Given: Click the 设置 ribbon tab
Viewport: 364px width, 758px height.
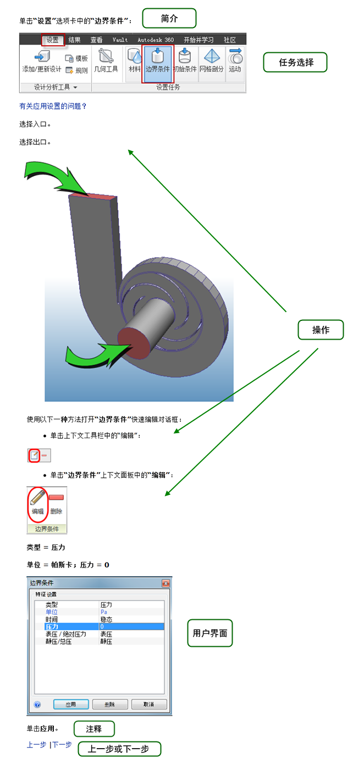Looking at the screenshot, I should click(53, 40).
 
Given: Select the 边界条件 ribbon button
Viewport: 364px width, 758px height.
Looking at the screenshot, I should click(157, 62).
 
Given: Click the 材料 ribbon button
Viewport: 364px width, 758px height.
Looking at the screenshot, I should click(134, 62).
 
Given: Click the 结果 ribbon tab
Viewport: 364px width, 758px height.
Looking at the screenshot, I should click(74, 40).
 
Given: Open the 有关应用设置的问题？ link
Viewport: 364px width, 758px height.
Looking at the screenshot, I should click(53, 106).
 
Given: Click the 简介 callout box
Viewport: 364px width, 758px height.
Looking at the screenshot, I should click(169, 18).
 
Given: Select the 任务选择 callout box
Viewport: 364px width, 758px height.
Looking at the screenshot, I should click(295, 62).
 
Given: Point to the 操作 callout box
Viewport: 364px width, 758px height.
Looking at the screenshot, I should click(321, 330).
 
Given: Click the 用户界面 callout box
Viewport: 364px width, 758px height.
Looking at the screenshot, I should click(210, 633).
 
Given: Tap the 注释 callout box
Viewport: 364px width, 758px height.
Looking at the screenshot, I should click(94, 729).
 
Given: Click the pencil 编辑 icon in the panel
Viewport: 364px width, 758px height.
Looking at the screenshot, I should click(37, 501).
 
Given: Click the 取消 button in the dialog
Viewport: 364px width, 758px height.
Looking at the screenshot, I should click(148, 704).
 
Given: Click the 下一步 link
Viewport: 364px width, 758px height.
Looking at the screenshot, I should click(62, 745).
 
